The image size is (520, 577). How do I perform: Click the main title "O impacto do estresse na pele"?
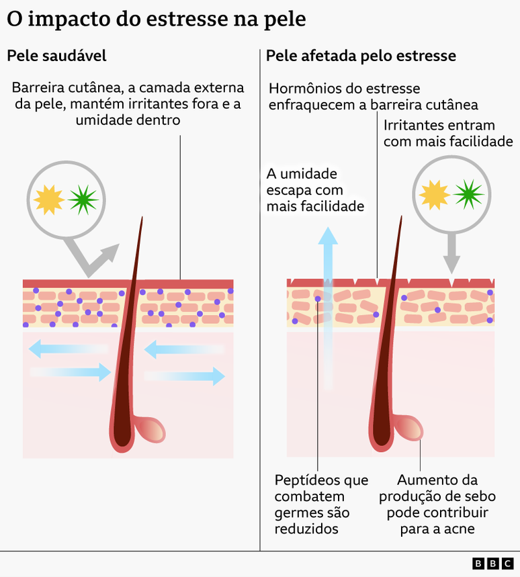[156, 19]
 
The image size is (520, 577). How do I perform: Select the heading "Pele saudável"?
[56, 56]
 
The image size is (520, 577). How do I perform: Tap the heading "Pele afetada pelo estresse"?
[361, 56]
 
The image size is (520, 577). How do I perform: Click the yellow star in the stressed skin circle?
[434, 194]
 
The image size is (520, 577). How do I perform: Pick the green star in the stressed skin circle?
[469, 194]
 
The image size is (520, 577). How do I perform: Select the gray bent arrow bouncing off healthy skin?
[95, 259]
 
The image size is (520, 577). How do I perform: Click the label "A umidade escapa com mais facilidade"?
[315, 190]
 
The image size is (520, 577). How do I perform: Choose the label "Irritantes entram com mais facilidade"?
[448, 133]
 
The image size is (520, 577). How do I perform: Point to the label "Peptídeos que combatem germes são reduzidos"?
[321, 504]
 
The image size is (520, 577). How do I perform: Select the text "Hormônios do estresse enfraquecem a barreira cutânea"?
[373, 97]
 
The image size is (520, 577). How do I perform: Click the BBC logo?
[492, 563]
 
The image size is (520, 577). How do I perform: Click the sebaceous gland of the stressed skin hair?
[408, 427]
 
